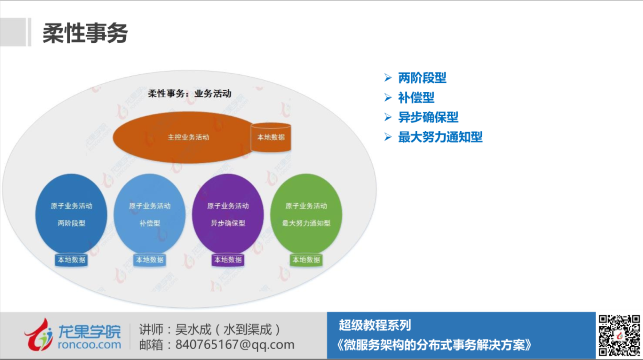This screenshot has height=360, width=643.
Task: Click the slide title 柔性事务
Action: point(85,33)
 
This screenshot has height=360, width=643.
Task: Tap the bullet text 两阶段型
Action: point(422,78)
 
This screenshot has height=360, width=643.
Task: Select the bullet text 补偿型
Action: point(416,98)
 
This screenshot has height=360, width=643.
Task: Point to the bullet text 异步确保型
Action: point(428,117)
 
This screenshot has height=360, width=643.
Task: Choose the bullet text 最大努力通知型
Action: point(440,137)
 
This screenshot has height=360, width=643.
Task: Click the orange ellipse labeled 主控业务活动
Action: point(183,137)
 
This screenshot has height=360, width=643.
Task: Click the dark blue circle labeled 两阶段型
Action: point(71,214)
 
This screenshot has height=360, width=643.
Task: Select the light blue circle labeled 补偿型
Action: point(149,214)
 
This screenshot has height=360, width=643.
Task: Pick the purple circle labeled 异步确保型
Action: point(228,214)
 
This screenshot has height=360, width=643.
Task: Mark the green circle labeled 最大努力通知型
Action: point(306,214)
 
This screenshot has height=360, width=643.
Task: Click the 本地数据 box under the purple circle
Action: point(228,260)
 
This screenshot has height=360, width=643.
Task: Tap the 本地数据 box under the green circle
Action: point(306,260)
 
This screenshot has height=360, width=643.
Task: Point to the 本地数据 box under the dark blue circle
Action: point(71,260)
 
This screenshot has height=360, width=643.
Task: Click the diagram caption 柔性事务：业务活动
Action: point(190,93)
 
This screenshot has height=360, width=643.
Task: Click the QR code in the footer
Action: point(619,335)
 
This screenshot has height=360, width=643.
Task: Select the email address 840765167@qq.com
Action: point(235,344)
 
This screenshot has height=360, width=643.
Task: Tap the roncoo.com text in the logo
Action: point(89,345)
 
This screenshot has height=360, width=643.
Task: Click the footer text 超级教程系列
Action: point(375,325)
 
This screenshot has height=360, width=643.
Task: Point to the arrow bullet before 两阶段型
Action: point(388,78)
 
